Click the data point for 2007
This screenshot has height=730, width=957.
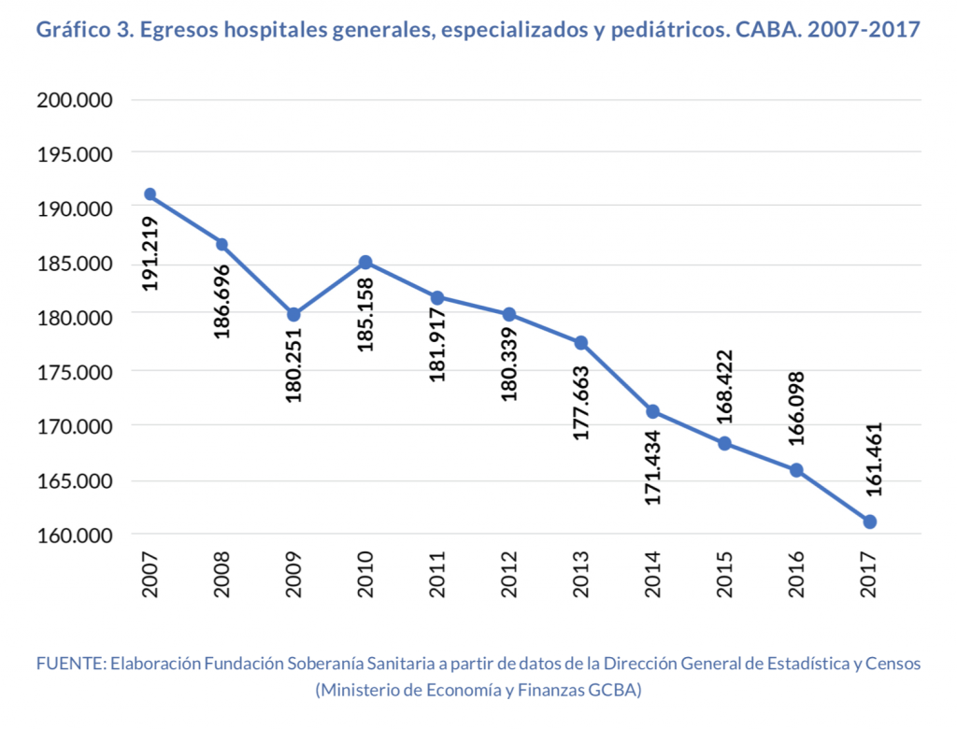[150, 194]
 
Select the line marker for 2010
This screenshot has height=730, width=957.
[365, 262]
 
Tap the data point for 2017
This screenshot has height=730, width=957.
[870, 522]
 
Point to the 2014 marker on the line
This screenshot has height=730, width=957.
[653, 411]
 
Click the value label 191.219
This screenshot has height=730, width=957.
[150, 253]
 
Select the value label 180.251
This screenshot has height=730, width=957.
[293, 366]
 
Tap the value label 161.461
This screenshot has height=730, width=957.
[870, 458]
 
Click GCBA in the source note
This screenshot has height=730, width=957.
[612, 691]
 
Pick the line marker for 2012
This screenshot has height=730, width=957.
[509, 314]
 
